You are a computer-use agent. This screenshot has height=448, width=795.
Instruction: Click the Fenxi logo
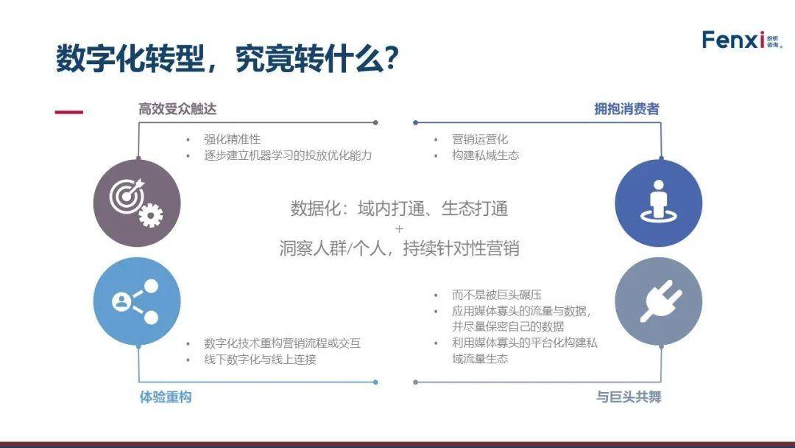(742, 40)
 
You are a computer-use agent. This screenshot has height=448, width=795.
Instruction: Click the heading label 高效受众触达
(177, 109)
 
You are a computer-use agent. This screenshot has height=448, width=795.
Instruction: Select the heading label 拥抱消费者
(626, 108)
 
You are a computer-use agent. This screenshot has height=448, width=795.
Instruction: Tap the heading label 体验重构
(166, 396)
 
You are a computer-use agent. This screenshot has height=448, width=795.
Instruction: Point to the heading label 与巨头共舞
(629, 396)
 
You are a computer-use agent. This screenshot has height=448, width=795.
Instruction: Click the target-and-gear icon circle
(137, 203)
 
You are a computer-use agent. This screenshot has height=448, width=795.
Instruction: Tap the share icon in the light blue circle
(137, 301)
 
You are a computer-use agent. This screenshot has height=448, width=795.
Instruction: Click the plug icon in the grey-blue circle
(659, 301)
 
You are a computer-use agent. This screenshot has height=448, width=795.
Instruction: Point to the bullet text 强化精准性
(232, 139)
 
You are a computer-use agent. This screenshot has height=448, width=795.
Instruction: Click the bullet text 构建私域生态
(485, 155)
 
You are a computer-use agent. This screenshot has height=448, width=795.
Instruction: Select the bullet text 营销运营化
(480, 139)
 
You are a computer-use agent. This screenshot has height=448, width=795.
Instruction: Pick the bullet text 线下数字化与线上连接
(260, 360)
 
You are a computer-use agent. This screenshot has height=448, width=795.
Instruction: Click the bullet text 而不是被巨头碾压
(496, 295)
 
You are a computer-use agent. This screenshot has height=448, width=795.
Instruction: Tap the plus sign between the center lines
(399, 229)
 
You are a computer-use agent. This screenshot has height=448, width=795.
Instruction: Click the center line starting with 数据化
(399, 209)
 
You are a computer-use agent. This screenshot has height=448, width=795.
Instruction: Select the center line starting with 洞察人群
(399, 248)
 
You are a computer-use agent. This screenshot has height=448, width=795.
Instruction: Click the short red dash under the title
(69, 112)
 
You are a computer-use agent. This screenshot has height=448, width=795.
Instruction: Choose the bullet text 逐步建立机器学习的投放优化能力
(288, 155)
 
